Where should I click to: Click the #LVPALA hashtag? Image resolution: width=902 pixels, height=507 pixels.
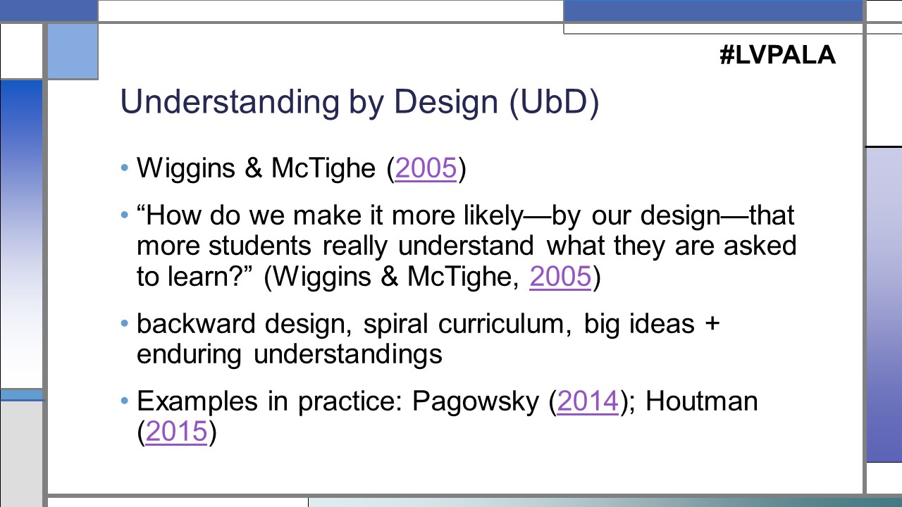pyautogui.click(x=777, y=55)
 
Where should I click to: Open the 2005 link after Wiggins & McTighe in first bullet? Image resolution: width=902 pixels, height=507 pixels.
pyautogui.click(x=426, y=170)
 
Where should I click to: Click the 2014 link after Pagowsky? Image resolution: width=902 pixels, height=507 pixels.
pyautogui.click(x=588, y=401)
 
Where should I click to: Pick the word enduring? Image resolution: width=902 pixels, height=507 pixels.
pyautogui.click(x=191, y=354)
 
